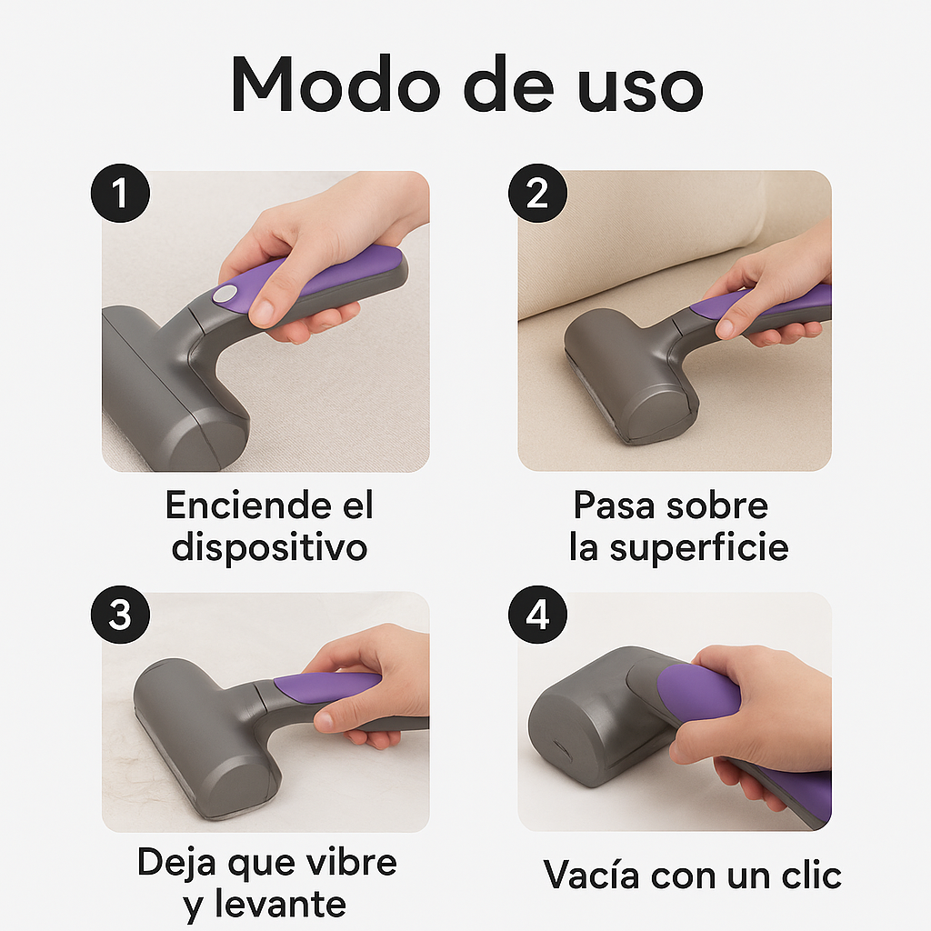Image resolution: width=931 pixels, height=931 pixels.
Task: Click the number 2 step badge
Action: click(x=538, y=194)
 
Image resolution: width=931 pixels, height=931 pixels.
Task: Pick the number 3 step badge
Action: click(x=121, y=615)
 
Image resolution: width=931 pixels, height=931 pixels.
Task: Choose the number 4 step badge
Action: click(x=538, y=615)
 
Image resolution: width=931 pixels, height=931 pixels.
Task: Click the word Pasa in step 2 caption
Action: click(x=615, y=506)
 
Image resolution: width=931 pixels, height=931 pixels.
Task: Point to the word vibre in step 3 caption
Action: click(x=349, y=862)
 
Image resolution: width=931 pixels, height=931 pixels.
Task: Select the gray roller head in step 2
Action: click(x=627, y=373)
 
